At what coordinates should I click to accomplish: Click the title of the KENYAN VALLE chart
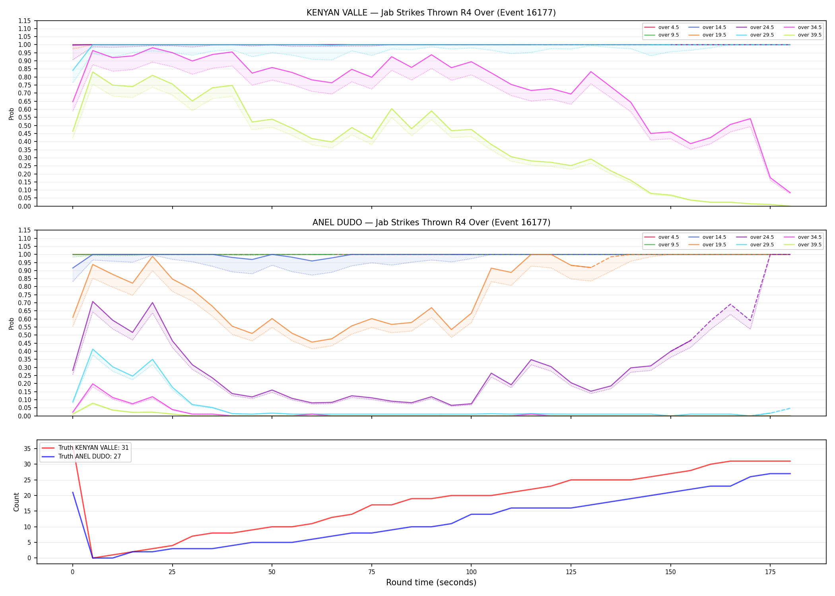click(x=431, y=13)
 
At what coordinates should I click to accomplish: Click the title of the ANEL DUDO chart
click(x=431, y=223)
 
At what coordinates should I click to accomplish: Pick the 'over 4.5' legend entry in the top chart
click(x=662, y=27)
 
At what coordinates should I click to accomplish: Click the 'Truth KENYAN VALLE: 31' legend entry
click(x=85, y=448)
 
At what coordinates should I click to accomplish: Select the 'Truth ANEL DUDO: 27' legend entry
click(x=81, y=457)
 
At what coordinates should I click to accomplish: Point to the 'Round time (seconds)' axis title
click(x=431, y=582)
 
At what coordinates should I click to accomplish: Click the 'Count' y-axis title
click(x=16, y=502)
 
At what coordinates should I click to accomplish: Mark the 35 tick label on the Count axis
click(x=27, y=449)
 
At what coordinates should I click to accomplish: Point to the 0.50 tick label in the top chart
click(x=25, y=126)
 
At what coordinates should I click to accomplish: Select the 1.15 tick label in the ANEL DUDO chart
click(x=25, y=230)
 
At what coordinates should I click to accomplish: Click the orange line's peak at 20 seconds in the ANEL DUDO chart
click(x=152, y=256)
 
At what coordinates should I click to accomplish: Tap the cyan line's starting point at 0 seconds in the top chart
click(x=73, y=70)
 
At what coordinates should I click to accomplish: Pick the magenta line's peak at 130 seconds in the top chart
click(x=591, y=72)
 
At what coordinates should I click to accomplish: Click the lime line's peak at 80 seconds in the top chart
click(x=392, y=108)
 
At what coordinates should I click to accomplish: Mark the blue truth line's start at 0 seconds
click(x=73, y=492)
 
